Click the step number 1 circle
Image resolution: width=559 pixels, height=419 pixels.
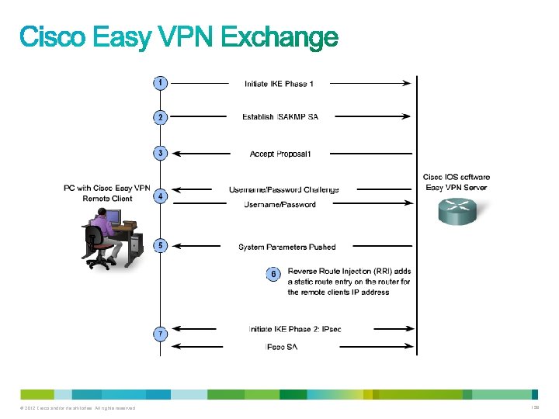(159, 82)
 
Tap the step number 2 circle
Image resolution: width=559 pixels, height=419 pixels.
(159, 117)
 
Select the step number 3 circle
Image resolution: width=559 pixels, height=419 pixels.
(159, 153)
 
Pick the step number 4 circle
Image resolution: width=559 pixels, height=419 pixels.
(159, 196)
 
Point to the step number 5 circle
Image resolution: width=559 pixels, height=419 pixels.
(159, 246)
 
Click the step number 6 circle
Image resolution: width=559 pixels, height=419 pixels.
(273, 274)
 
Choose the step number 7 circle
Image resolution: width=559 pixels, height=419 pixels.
(159, 334)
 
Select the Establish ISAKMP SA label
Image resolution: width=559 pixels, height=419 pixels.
(280, 117)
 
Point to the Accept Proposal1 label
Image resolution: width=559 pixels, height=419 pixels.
(280, 154)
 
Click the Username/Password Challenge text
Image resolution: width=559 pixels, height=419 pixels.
(283, 189)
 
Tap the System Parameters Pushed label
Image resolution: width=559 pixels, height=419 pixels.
(287, 247)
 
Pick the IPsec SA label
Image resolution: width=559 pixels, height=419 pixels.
(281, 346)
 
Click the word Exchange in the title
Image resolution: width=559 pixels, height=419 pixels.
(275, 39)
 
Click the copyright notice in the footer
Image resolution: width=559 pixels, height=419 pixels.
(78, 408)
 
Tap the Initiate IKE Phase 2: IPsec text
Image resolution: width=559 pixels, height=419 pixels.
(294, 329)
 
